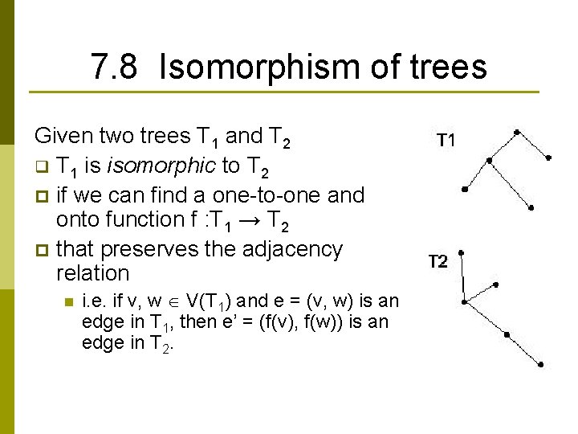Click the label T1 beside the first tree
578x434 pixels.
tap(446, 141)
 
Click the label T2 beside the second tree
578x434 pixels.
tap(438, 261)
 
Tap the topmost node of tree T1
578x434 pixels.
tap(516, 131)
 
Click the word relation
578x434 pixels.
tap(92, 272)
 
